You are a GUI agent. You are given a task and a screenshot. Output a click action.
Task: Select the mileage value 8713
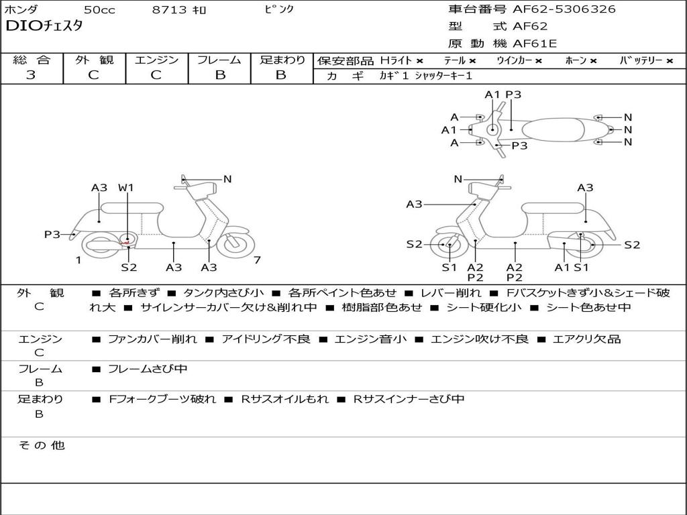coord(170,10)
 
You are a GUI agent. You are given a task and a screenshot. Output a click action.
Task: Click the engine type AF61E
coord(535,44)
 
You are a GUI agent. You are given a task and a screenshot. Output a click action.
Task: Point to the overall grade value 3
coord(31,75)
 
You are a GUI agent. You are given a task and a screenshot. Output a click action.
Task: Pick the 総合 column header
coord(32,60)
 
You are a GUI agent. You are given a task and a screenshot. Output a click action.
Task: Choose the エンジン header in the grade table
coord(156,60)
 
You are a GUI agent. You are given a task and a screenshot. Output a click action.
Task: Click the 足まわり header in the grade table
coord(282,60)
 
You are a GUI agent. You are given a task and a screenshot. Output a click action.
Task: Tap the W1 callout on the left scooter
coord(126,188)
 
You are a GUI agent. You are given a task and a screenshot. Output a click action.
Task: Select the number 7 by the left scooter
coord(257,260)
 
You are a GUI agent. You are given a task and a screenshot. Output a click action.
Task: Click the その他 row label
coord(41,445)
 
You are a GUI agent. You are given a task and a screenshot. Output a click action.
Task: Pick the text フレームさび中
coord(148,369)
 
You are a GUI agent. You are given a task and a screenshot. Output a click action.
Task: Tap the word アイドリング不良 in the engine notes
coord(266,339)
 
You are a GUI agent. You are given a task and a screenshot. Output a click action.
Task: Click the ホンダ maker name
coord(21,9)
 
